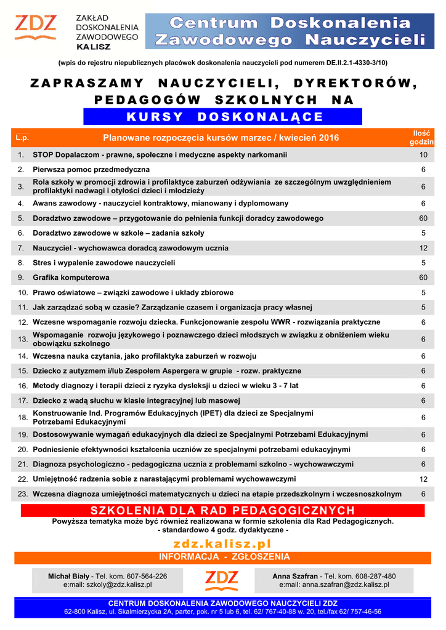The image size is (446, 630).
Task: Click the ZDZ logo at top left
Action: (36, 28)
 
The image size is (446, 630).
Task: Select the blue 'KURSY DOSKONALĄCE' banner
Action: (222, 117)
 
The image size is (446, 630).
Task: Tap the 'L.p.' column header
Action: (23, 138)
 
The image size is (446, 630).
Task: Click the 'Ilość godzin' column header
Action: (422, 138)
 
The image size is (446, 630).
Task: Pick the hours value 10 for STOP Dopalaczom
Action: (423, 155)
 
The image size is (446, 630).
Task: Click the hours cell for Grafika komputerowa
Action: (423, 277)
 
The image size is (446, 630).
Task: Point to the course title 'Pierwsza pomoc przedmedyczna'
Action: (91, 169)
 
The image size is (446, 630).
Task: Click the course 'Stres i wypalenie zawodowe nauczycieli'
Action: (104, 263)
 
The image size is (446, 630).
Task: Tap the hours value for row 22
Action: (423, 479)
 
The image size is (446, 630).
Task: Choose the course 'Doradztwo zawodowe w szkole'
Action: (118, 233)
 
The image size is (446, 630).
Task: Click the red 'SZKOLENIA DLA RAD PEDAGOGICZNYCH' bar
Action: (222, 511)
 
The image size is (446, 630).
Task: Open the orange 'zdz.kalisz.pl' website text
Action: (222, 544)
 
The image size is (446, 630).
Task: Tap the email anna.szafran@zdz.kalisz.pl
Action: (334, 585)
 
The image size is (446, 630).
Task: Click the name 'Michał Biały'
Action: (69, 576)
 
